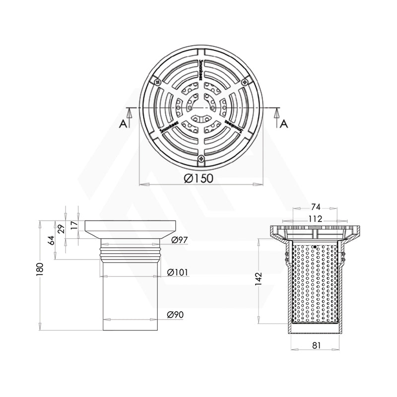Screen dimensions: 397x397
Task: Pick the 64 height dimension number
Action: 52,241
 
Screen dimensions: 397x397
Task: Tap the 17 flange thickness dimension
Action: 74,225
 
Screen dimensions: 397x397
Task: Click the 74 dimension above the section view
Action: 315,207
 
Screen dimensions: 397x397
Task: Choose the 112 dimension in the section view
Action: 315,218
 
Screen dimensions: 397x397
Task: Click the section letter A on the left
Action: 122,123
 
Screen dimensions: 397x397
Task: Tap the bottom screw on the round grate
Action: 200,159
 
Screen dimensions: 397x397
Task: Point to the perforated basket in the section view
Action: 315,283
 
